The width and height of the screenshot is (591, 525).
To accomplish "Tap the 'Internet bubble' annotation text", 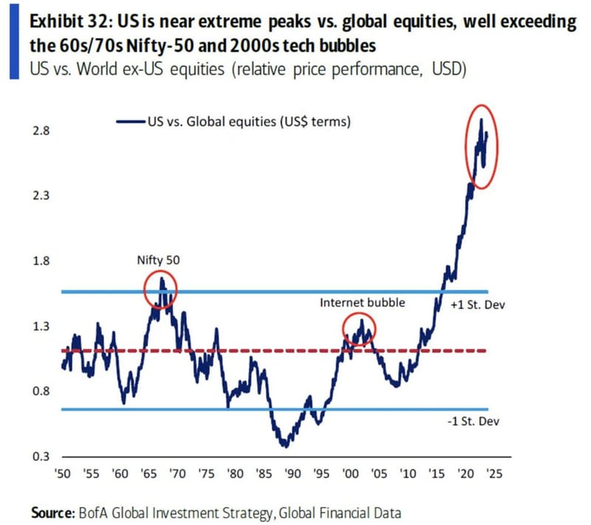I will point(362,303).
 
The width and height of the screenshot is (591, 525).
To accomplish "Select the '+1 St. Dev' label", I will point(480,304).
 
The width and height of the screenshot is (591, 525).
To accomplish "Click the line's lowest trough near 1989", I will point(284,445).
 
